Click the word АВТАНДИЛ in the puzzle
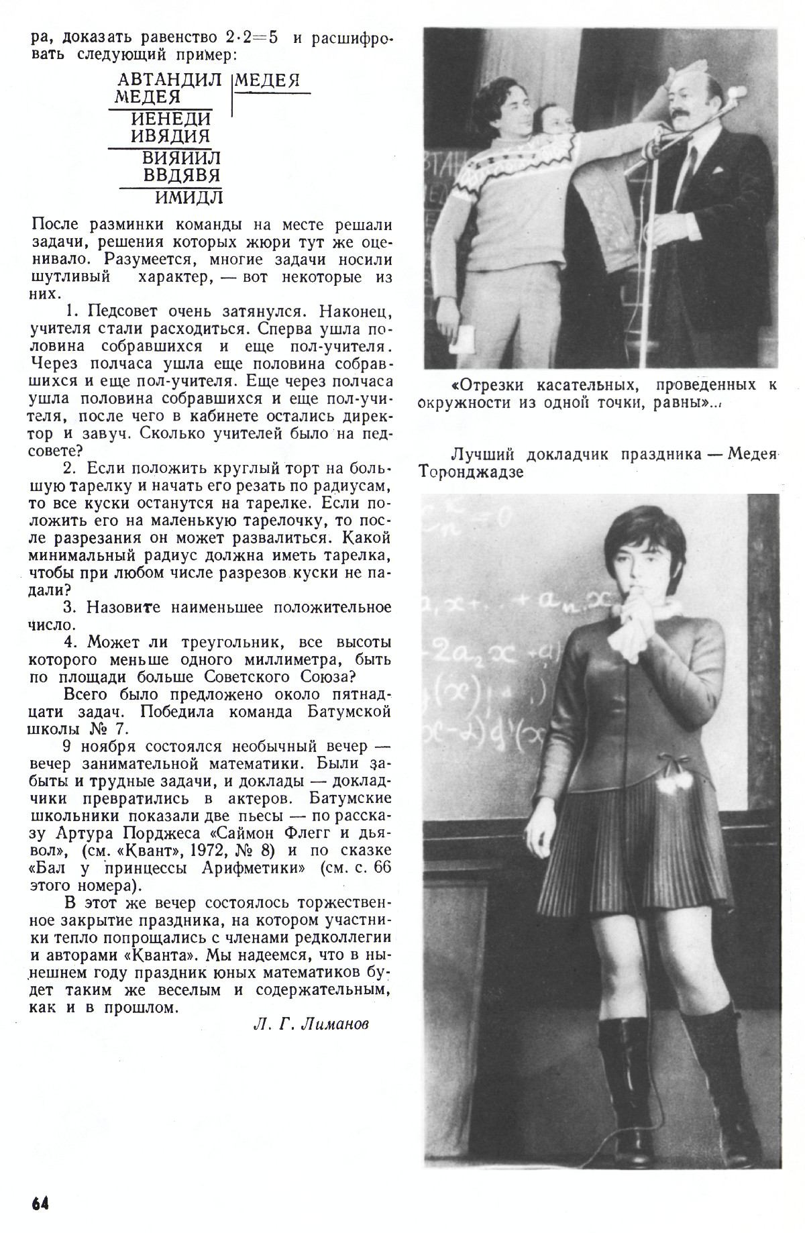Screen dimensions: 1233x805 point(168,81)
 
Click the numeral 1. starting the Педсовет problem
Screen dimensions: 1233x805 point(74,311)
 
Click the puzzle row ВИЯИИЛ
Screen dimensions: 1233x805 point(181,159)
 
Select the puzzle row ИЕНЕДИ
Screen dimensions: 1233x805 point(171,119)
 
